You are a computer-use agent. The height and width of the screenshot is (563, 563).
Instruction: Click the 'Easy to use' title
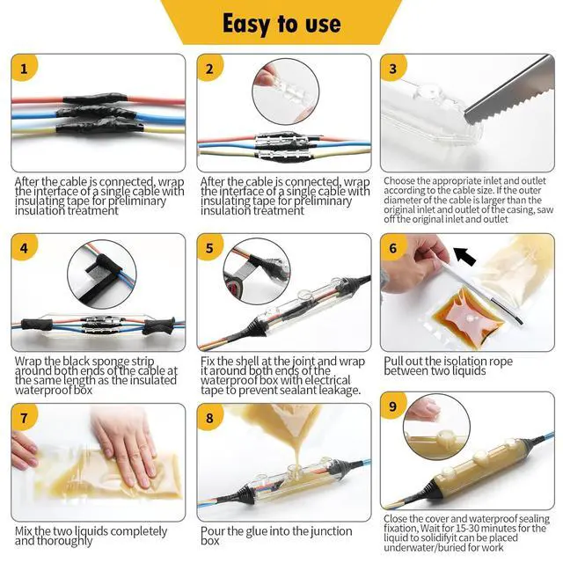[281, 24]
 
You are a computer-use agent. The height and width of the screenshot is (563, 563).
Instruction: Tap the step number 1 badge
[24, 69]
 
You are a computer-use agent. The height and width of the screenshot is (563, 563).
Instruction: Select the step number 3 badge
[393, 69]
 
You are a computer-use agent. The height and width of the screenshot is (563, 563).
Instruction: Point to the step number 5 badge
[209, 248]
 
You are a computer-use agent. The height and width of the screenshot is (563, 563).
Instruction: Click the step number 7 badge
[24, 418]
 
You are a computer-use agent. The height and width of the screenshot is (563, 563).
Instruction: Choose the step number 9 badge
[393, 406]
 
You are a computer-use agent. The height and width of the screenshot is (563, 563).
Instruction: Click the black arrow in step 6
[465, 256]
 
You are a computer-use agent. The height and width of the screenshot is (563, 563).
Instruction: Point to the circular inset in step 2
[285, 92]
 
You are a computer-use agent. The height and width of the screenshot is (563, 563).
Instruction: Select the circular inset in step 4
[102, 274]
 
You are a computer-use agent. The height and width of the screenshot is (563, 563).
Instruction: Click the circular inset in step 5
[257, 272]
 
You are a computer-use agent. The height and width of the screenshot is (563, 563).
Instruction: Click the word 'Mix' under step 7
[24, 530]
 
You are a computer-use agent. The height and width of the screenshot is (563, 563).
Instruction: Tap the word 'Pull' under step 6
[393, 361]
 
